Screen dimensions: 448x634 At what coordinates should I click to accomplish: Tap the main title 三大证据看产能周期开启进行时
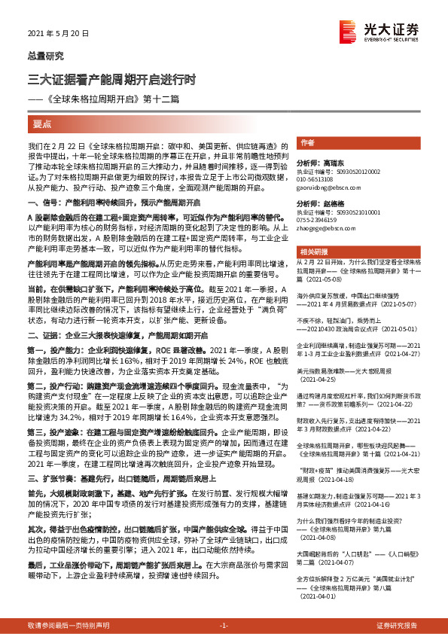pyautogui.click(x=112, y=78)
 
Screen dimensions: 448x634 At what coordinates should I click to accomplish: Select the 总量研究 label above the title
pyautogui.click(x=45, y=55)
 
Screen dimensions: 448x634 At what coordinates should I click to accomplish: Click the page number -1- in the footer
pyautogui.click(x=224, y=626)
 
